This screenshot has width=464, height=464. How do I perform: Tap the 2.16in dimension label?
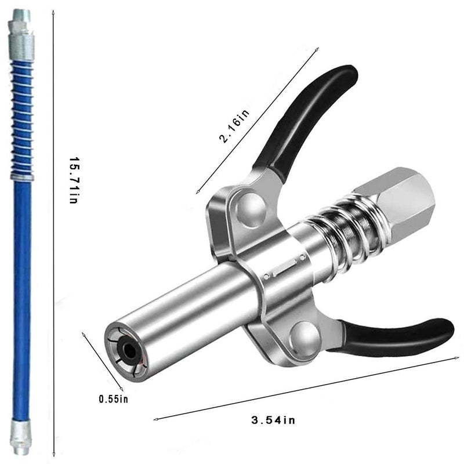pos(234,126)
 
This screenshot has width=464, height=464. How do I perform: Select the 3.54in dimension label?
pos(273,420)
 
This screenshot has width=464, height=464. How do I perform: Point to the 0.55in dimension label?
pos(113,399)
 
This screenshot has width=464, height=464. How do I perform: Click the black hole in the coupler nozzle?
pos(129,351)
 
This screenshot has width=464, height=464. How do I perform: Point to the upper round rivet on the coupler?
pos(251,211)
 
